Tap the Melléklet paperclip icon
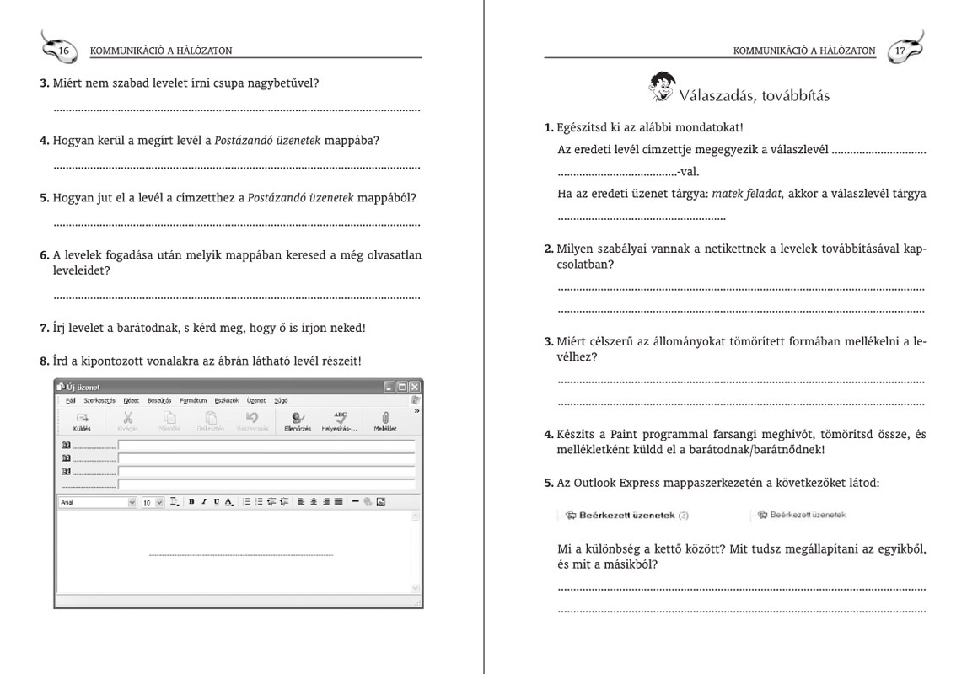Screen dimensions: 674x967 tap(385, 420)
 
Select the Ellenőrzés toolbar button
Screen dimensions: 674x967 tap(298, 420)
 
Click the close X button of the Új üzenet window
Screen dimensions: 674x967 tap(414, 387)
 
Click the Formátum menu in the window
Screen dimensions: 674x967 tap(193, 400)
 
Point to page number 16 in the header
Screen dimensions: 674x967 tap(64, 51)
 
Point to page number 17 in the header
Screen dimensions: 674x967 tap(900, 51)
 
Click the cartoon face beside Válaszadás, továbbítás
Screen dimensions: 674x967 tap(663, 85)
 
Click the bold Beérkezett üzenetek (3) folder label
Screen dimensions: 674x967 tap(627, 515)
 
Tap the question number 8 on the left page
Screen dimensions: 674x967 tap(44, 361)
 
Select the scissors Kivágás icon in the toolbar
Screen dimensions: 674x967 tap(128, 420)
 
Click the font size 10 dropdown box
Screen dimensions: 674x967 tap(153, 502)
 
